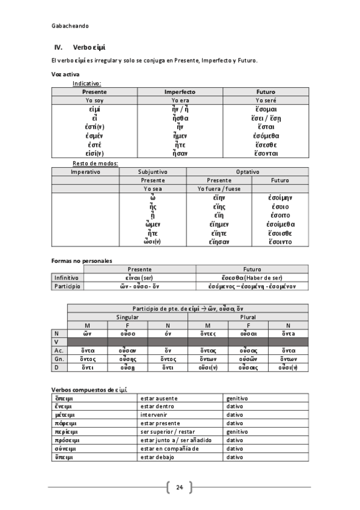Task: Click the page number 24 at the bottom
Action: click(179, 487)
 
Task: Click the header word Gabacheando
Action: click(70, 26)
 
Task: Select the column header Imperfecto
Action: click(180, 91)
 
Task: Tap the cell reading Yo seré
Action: click(265, 100)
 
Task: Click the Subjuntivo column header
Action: click(153, 171)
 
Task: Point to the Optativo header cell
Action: click(247, 171)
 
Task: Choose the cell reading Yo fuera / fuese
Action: click(219, 188)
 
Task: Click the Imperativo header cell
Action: click(85, 171)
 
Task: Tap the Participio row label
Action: click(67, 286)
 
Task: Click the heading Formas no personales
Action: click(81, 260)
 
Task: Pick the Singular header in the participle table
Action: click(127, 316)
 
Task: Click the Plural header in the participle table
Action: click(248, 316)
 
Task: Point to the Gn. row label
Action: click(59, 358)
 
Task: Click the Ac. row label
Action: click(59, 350)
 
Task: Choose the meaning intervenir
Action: click(154, 416)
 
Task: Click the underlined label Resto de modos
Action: click(95, 163)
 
